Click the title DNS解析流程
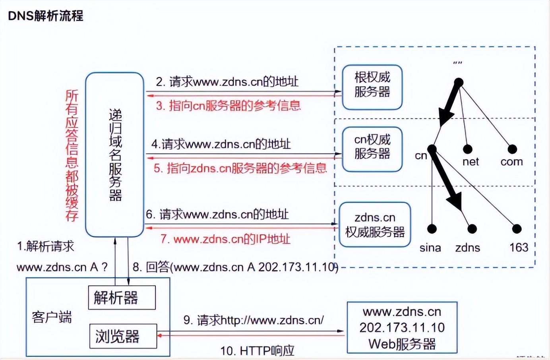point(46,16)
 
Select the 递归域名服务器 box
point(114,155)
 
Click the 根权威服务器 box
point(372,87)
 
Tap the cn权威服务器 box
point(372,149)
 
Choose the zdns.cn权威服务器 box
point(375,225)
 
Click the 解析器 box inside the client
point(122,298)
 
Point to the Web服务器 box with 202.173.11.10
point(402,327)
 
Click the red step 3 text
point(228,106)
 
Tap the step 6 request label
point(217,215)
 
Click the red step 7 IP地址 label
point(225,239)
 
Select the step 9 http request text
point(254,320)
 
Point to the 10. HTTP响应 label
point(257,350)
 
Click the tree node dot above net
point(468,149)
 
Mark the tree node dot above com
point(512,149)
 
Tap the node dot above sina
point(432,229)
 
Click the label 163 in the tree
point(519,248)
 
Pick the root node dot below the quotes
point(459,83)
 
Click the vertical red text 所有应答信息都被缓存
point(72,155)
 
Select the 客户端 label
point(52,317)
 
